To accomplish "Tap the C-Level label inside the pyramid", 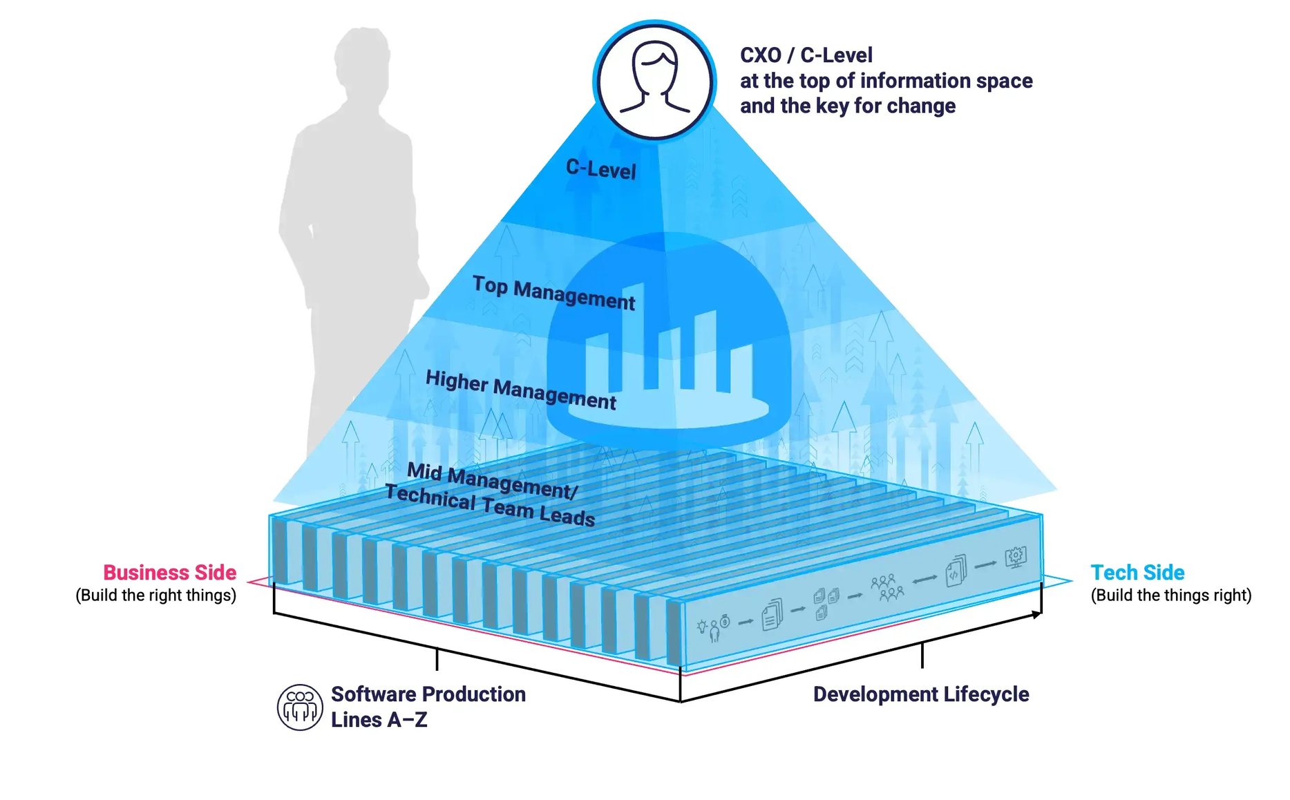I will tap(600, 168).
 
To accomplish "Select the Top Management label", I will tap(553, 293).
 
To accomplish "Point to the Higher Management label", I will tap(520, 390).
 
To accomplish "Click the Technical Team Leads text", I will tap(489, 506).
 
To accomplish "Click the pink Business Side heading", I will tap(170, 572).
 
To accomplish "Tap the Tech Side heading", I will tap(1137, 572).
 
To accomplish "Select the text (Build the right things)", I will tap(156, 595).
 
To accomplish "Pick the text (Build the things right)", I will tap(1170, 595).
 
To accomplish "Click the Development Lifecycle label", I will tap(920, 694).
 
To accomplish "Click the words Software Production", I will tap(428, 694).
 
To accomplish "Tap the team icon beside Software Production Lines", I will tap(299, 707).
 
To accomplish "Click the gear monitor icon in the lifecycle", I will tap(1016, 556).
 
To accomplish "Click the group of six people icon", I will tap(886, 587).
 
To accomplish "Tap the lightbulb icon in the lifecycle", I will tap(702, 627).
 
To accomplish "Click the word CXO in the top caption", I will tap(760, 55).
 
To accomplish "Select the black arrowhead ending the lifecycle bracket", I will tap(1037, 614).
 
